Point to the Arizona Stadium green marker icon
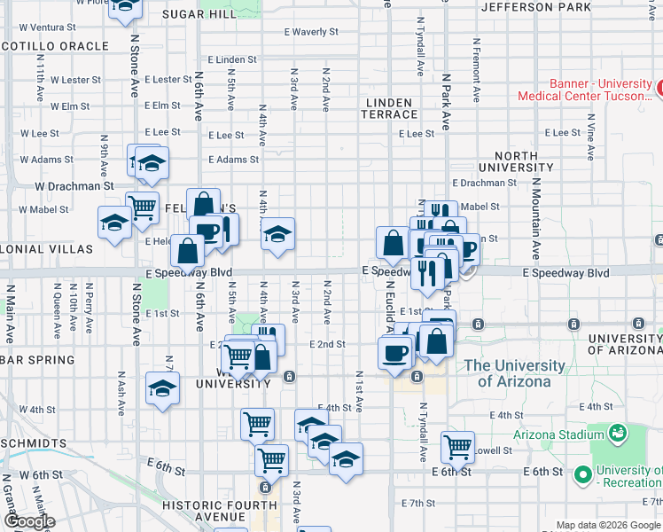point(617,434)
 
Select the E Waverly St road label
point(311,31)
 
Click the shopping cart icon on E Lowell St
point(457,446)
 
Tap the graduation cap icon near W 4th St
point(162,389)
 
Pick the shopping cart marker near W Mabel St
point(142,207)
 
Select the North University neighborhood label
point(516,160)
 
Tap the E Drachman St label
point(484,183)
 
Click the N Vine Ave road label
point(589,137)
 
